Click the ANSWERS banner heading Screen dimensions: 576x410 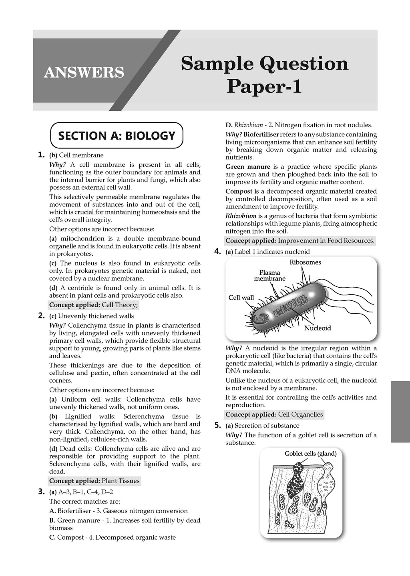(x=84, y=72)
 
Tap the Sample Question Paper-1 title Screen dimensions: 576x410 (x=265, y=75)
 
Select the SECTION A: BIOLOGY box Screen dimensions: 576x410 (x=117, y=136)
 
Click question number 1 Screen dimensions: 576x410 (x=41, y=155)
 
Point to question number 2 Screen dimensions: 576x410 (x=41, y=316)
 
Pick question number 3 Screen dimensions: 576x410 (x=41, y=492)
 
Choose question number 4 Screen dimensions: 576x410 (x=217, y=251)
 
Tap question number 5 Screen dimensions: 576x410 (x=217, y=425)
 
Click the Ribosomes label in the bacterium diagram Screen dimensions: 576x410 (x=305, y=262)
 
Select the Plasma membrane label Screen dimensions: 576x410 (x=269, y=276)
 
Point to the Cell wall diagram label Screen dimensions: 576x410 (x=241, y=298)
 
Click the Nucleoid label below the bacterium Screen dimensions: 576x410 (x=318, y=328)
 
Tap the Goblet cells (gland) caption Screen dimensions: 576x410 (x=310, y=454)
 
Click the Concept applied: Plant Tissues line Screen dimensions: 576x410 (x=94, y=481)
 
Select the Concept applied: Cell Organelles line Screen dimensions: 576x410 (x=274, y=414)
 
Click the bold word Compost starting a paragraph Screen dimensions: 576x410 (x=239, y=192)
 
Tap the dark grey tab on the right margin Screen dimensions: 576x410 (x=400, y=412)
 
